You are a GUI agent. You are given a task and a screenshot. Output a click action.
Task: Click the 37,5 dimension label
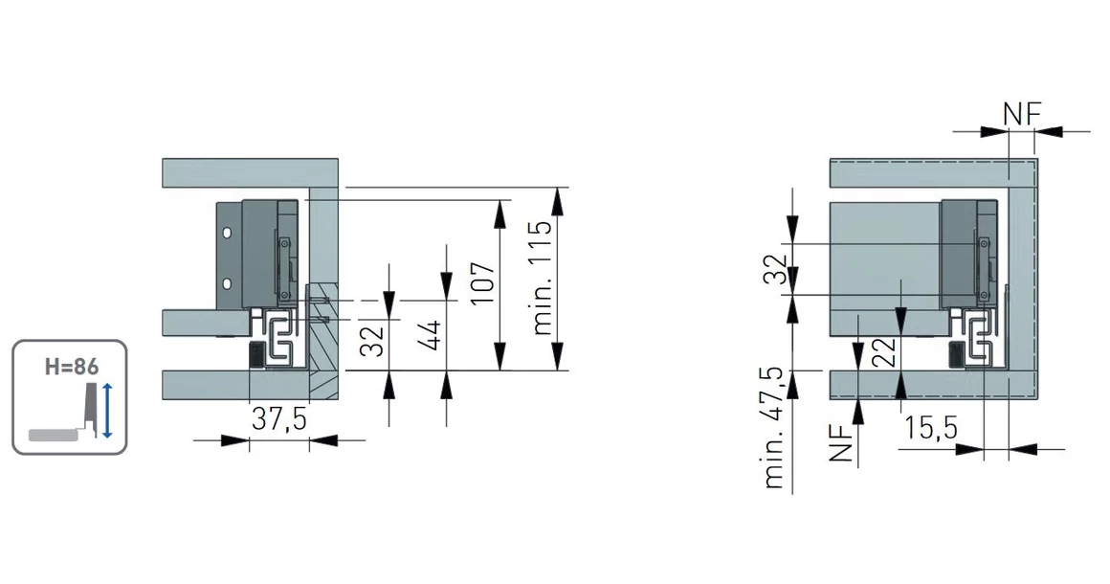[x=278, y=419]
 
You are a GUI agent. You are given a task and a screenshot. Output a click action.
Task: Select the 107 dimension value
[x=483, y=282]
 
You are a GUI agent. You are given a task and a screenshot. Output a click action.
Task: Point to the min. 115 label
[x=542, y=278]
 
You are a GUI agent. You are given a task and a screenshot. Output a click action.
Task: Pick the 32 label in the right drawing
[x=776, y=269]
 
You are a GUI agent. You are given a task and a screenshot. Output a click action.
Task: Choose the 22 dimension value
[x=884, y=351]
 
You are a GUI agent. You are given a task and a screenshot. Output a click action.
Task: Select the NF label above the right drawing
[x=1022, y=114]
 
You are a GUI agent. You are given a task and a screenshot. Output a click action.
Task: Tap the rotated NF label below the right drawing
[x=840, y=444]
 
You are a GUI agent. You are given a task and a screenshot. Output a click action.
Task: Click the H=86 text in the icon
[x=72, y=367]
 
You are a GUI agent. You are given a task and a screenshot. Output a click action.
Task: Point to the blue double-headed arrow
[x=107, y=410]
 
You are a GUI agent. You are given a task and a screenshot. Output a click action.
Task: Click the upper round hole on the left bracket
[x=227, y=233]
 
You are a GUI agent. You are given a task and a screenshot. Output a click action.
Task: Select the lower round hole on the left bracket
[x=227, y=284]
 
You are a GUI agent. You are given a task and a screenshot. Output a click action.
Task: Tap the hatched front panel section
[x=323, y=341]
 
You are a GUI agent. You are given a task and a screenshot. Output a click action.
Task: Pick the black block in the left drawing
[x=255, y=354]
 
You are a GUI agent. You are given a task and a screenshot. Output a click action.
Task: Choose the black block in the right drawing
[x=956, y=353]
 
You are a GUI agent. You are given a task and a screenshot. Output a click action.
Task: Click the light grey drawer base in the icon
[x=52, y=434]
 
